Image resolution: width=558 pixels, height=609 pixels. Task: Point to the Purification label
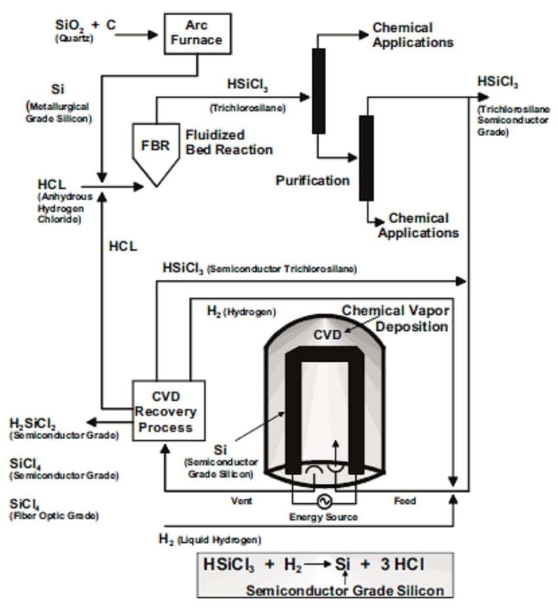312,180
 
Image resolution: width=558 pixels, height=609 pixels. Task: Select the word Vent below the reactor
242,501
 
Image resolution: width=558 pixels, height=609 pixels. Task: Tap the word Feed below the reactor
405,501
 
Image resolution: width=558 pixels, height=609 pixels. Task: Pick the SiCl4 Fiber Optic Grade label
54,509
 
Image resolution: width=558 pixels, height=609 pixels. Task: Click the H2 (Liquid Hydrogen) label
210,539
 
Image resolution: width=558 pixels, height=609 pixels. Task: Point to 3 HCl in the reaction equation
402,564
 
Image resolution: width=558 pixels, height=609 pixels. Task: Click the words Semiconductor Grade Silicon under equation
345,591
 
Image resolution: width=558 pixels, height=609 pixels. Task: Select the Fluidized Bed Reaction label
229,142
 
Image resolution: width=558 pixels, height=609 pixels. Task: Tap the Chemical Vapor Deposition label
396,318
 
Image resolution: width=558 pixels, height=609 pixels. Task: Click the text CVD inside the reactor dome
327,335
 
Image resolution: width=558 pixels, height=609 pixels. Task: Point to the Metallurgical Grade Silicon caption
58,112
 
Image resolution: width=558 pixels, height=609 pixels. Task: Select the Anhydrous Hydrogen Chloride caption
64,208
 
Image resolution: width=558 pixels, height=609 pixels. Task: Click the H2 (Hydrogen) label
242,312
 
